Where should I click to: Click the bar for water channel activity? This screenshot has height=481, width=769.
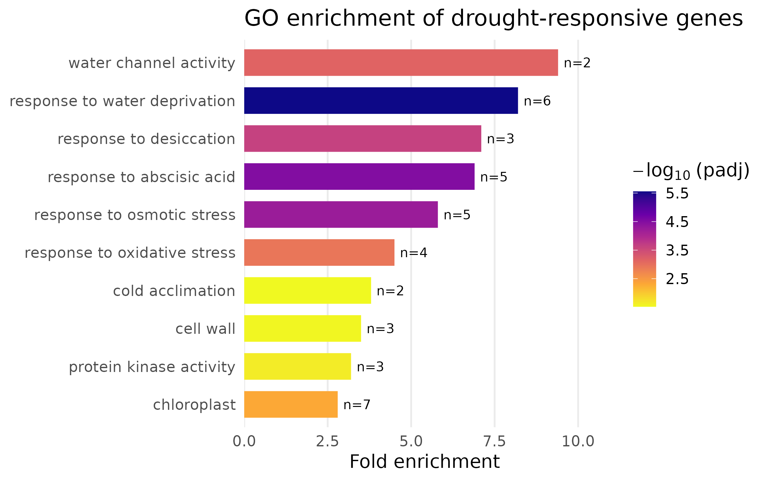coord(401,63)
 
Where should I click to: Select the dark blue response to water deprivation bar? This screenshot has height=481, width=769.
coord(381,100)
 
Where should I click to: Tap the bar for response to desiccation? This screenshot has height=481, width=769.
coord(362,139)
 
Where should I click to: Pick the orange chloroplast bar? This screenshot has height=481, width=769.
coord(291,404)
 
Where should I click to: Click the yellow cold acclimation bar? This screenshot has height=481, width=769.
coord(307,291)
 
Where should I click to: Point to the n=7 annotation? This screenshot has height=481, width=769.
coord(357,405)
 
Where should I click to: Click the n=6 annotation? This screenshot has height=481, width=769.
coord(537,101)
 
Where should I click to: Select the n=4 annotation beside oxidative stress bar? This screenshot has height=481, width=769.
coord(413,253)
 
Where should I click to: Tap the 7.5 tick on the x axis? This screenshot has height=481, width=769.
coord(494,442)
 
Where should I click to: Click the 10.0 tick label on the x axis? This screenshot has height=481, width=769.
coord(578,442)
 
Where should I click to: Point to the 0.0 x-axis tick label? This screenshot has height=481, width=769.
coord(244,442)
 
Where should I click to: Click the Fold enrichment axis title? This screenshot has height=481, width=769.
coord(424,462)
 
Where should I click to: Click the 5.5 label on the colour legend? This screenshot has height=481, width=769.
coord(677,193)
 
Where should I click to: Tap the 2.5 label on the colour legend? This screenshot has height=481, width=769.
coord(677,279)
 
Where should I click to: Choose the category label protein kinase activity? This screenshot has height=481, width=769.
coord(152,367)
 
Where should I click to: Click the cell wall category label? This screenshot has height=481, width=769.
coord(205,329)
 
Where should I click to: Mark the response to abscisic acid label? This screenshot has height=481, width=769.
coord(141,177)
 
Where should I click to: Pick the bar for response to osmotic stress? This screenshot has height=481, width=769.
coord(341,215)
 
